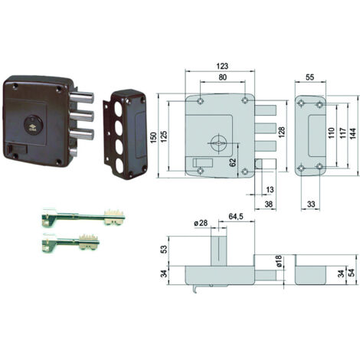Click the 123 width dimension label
click(222, 66)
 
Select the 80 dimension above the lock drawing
click(222, 77)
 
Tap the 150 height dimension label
click(153, 138)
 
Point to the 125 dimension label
click(164, 136)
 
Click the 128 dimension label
click(281, 132)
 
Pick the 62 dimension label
click(233, 162)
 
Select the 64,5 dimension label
click(236, 217)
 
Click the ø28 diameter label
click(201, 223)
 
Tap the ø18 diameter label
click(278, 261)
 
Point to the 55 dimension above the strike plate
click(309, 77)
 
